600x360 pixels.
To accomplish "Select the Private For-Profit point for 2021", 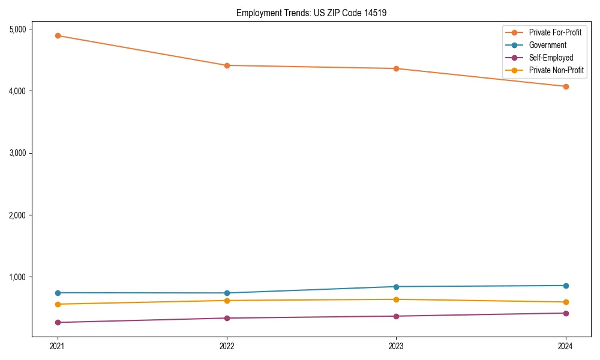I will point(58,35).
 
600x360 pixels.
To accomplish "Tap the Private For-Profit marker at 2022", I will point(227,65).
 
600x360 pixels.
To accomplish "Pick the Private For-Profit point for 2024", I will point(566,86).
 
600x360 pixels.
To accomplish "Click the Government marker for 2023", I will point(396,287).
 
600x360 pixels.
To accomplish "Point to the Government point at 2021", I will point(58,293).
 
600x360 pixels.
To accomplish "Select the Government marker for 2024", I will point(566,286).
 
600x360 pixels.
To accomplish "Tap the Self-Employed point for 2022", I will point(227,318).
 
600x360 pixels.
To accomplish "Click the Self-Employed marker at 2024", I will point(566,313).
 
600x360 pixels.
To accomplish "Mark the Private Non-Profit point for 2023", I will point(396,299).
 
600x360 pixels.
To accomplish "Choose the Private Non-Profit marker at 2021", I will point(58,304).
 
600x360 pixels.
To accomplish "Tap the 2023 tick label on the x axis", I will point(396,346).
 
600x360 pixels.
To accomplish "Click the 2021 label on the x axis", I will point(58,346).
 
